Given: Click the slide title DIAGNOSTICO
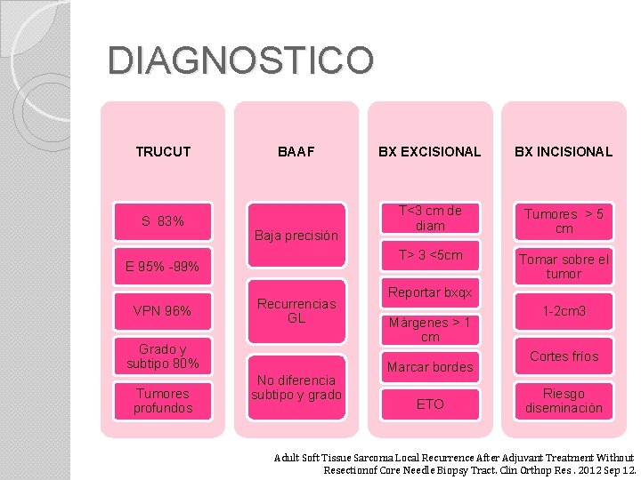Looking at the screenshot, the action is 240,61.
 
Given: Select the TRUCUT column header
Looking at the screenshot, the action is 163,152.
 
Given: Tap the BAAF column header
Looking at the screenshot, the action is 296,152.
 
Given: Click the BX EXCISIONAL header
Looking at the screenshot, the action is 429,152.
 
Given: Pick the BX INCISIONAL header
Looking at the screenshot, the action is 563,152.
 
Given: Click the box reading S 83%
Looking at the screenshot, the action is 163,220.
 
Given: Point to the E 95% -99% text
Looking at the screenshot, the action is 163,267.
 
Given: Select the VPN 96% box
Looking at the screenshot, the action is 163,311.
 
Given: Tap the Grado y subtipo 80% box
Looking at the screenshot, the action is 163,356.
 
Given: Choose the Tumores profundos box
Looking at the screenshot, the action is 163,400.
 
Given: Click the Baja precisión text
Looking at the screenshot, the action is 296,236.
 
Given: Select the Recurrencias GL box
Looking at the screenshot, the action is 296,310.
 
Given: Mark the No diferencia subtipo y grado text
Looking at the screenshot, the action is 296,388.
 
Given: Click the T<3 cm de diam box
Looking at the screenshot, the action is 430,219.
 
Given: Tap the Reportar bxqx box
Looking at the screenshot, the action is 430,292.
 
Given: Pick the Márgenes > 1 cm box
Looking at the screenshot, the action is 430,329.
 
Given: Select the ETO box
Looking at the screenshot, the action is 430,404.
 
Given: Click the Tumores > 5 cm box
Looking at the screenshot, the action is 564,221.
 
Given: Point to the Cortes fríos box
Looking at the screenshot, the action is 564,356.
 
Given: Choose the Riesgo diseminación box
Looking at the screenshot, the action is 564,401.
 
